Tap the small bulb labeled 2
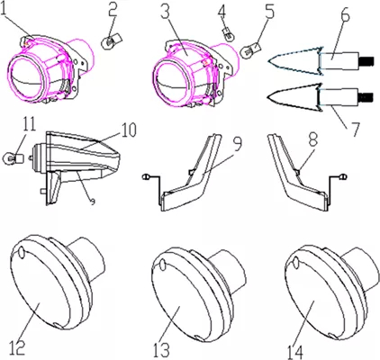pyautogui.click(x=111, y=42)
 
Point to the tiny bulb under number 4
pyautogui.click(x=230, y=35)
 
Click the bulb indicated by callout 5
pyautogui.click(x=251, y=49)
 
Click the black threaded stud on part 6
pyautogui.click(x=366, y=61)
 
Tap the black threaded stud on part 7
pyautogui.click(x=366, y=97)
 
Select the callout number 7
pyautogui.click(x=353, y=129)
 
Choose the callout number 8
pyautogui.click(x=313, y=139)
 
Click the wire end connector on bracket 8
pyautogui.click(x=342, y=177)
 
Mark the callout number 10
pyautogui.click(x=129, y=130)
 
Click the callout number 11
pyautogui.click(x=29, y=123)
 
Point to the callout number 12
pyautogui.click(x=15, y=348)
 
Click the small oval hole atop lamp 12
pyautogui.click(x=21, y=253)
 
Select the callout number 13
pyautogui.click(x=161, y=349)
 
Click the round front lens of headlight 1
pyautogui.click(x=25, y=78)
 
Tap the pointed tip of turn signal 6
pyautogui.click(x=268, y=61)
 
